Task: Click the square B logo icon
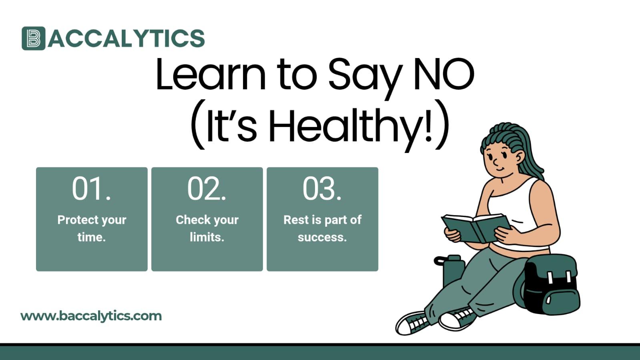click(33, 38)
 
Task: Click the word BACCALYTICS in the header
click(126, 38)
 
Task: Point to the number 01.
click(91, 189)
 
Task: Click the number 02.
click(207, 189)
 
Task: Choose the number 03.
click(322, 189)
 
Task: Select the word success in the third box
click(322, 237)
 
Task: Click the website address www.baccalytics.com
click(91, 316)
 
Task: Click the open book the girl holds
click(475, 227)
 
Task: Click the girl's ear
click(519, 157)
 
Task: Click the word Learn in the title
click(211, 74)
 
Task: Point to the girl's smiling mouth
click(500, 169)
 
